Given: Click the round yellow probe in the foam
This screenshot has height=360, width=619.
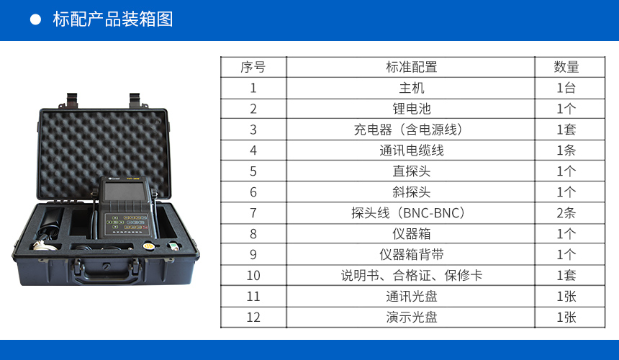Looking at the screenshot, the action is tap(148, 246).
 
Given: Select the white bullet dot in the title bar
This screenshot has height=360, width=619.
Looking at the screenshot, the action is tap(35, 19).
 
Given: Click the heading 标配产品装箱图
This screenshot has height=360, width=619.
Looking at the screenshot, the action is tap(113, 19).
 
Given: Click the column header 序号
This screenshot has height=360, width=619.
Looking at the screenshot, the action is tap(253, 67).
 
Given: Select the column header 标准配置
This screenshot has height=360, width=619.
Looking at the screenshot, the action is tap(412, 67).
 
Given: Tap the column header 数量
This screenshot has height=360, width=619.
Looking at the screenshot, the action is tap(566, 67).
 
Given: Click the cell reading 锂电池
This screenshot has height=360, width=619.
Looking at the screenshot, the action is tap(412, 109).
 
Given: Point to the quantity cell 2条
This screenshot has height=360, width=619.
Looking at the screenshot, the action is tap(566, 213).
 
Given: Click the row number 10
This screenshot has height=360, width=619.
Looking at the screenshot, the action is tap(253, 275).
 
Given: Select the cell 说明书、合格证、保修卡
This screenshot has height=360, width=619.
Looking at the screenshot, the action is tap(412, 275).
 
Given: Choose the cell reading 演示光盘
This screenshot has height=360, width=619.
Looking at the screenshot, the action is tap(412, 317).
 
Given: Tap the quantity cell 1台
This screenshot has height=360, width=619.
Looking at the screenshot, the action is tap(566, 88).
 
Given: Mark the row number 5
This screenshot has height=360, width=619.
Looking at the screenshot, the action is tap(253, 171).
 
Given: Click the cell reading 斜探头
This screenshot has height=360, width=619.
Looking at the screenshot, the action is tap(412, 192).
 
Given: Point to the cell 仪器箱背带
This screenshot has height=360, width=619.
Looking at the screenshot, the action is tap(412, 254).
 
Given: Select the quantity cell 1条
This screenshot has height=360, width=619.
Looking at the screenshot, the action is tap(566, 150).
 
